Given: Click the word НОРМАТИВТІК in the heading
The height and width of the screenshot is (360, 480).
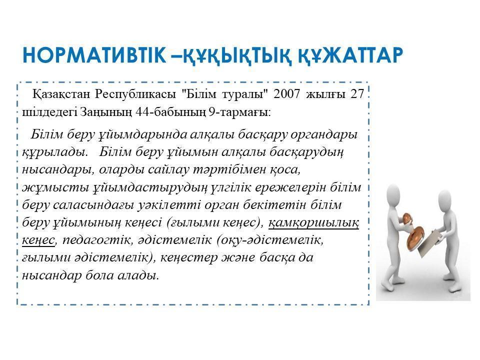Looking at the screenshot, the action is (94, 55).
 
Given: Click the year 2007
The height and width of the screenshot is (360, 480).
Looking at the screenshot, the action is (287, 93).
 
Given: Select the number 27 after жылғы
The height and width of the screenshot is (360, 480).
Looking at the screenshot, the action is (357, 93).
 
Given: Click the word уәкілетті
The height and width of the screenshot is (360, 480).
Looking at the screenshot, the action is (168, 205).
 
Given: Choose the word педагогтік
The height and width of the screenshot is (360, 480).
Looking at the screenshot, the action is (96, 240).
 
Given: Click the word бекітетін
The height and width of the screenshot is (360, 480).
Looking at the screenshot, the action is (274, 205).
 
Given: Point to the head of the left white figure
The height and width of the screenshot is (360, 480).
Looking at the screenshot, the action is (393, 193).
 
